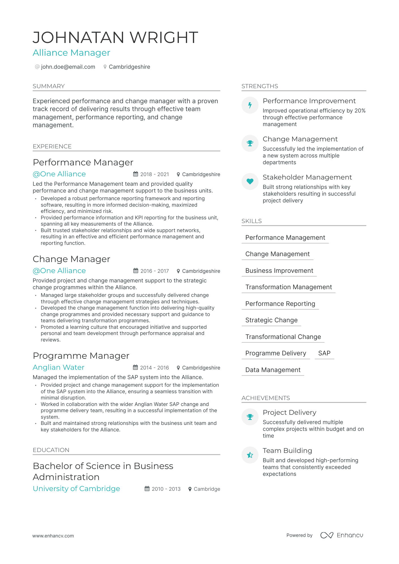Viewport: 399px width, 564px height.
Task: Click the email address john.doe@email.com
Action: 68,67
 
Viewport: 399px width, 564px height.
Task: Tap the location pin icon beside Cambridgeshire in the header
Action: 105,67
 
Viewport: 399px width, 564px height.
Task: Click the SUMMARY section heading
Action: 49,86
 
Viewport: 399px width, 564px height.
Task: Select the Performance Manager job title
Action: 83,163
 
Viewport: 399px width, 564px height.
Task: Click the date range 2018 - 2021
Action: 155,174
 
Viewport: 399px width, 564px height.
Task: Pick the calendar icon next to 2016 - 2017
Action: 136,271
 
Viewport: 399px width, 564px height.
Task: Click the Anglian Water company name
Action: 59,368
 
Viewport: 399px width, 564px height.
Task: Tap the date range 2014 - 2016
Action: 155,368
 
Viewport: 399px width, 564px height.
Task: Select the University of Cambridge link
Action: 76,489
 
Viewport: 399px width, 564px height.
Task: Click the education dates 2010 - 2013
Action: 166,489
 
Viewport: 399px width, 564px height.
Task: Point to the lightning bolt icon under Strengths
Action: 250,105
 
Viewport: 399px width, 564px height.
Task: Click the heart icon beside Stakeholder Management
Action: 250,181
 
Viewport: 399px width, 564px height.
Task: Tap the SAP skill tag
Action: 324,353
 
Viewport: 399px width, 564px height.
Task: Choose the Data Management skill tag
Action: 273,370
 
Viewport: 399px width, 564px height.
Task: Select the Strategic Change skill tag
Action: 271,320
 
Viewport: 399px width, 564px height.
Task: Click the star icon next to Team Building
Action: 250,455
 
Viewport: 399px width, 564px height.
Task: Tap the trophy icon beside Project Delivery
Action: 250,417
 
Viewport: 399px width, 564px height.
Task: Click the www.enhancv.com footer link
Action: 53,536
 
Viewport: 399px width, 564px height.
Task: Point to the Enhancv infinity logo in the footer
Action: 327,535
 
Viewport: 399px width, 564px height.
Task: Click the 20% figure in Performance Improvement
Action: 360,111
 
